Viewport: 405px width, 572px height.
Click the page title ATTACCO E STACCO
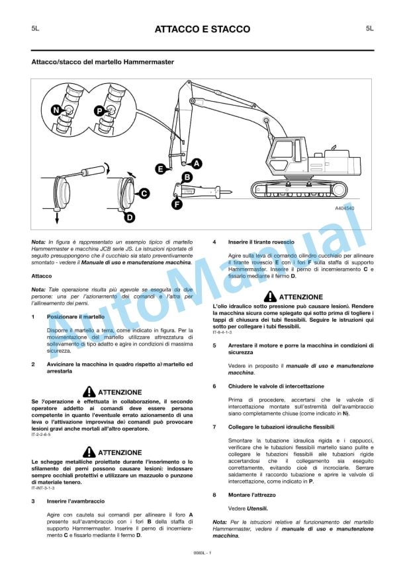(202, 29)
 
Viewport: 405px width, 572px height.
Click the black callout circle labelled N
(56, 109)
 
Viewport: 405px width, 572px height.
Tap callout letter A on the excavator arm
(197, 163)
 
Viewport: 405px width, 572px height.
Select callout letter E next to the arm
(159, 170)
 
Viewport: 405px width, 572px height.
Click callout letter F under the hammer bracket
(177, 204)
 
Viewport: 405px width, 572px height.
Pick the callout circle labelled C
(144, 194)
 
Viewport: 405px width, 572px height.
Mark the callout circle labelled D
(130, 216)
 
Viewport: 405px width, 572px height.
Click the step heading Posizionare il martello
(75, 317)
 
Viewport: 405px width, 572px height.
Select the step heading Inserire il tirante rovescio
(262, 242)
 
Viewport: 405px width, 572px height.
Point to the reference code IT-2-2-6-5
(43, 435)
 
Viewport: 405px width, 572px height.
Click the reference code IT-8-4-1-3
(222, 332)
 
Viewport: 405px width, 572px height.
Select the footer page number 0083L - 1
(202, 552)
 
